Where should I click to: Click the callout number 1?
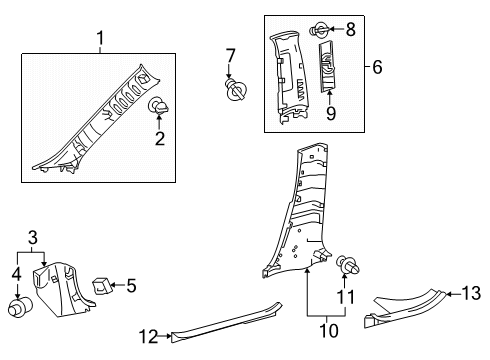(x=100, y=38)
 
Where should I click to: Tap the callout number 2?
(x=160, y=138)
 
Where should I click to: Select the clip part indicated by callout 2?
(x=158, y=106)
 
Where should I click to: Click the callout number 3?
(x=33, y=238)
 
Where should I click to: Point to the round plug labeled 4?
(x=20, y=308)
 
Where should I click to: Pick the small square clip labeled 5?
(x=101, y=286)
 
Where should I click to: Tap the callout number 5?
(x=131, y=286)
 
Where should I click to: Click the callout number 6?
(x=377, y=67)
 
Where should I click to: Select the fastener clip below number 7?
(x=236, y=90)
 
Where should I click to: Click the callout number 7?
(x=230, y=56)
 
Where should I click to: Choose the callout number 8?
(x=350, y=29)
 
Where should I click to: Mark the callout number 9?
(x=331, y=113)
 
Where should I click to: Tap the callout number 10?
(x=329, y=331)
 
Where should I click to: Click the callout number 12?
(x=148, y=337)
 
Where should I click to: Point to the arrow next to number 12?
(x=165, y=336)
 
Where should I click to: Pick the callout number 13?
(x=471, y=293)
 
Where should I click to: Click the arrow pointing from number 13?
(x=453, y=294)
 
